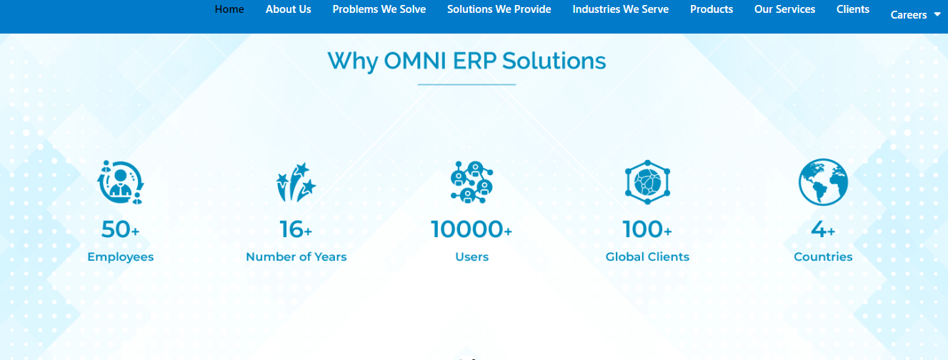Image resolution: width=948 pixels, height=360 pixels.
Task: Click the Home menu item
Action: pyautogui.click(x=229, y=9)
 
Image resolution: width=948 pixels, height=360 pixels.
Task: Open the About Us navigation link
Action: pyautogui.click(x=288, y=9)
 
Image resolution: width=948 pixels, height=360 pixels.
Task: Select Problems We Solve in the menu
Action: pyautogui.click(x=379, y=9)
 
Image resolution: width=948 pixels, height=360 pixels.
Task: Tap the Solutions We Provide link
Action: pyautogui.click(x=499, y=9)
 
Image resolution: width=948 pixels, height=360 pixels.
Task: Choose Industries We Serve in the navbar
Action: pyautogui.click(x=620, y=9)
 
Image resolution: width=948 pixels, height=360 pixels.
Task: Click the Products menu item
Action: pyautogui.click(x=712, y=9)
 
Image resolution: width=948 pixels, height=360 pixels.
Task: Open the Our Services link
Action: pyautogui.click(x=784, y=9)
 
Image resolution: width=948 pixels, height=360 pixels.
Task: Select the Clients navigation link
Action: pyautogui.click(x=853, y=9)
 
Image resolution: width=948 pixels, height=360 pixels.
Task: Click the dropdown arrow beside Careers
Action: pyautogui.click(x=937, y=14)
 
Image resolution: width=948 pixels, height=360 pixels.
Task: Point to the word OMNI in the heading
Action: pyautogui.click(x=415, y=61)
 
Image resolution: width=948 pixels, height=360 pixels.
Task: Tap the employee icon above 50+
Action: pyautogui.click(x=121, y=182)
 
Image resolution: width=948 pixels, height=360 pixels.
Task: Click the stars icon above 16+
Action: pyautogui.click(x=296, y=182)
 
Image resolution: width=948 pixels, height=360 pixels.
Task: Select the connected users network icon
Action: pyautogui.click(x=472, y=182)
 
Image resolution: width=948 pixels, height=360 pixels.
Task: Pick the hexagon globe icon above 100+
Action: pyautogui.click(x=647, y=182)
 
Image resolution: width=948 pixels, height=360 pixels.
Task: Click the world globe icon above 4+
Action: pyautogui.click(x=823, y=182)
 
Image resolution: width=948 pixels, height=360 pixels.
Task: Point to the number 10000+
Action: pyautogui.click(x=471, y=229)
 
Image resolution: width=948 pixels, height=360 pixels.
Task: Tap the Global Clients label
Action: pyautogui.click(x=647, y=256)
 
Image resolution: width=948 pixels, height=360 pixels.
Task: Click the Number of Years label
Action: pyautogui.click(x=296, y=256)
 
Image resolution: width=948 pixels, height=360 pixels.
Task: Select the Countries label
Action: pyautogui.click(x=823, y=256)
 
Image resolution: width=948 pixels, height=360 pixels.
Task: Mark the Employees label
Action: pyautogui.click(x=121, y=257)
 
